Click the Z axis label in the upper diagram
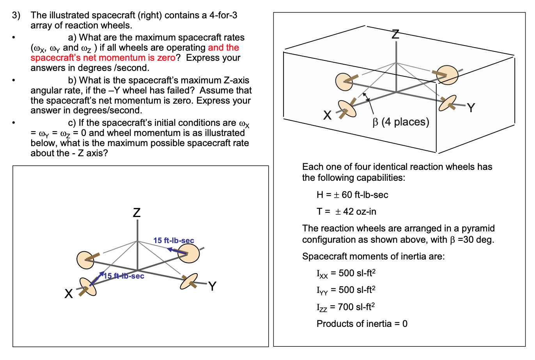395,35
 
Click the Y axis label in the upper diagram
471,108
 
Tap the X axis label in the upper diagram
328,115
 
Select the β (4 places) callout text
401,122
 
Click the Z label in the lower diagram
137,213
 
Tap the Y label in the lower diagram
212,286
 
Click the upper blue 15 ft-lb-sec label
174,240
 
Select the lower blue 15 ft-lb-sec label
124,276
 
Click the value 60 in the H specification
347,195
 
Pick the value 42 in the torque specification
348,212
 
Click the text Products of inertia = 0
362,324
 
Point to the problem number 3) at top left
16,15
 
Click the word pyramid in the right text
478,228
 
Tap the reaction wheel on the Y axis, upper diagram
448,103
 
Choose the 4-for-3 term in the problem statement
223,15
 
